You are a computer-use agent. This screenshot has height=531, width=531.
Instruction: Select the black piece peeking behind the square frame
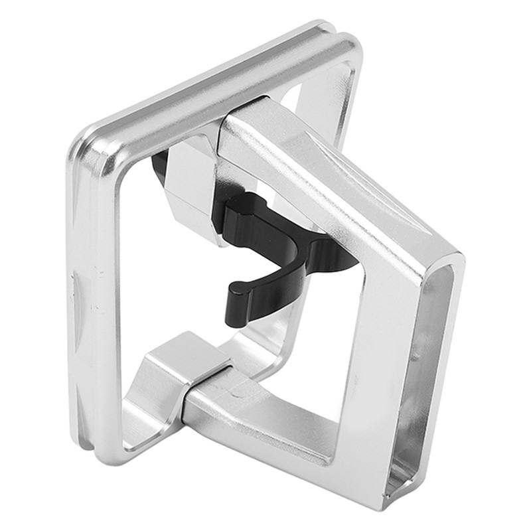159,166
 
